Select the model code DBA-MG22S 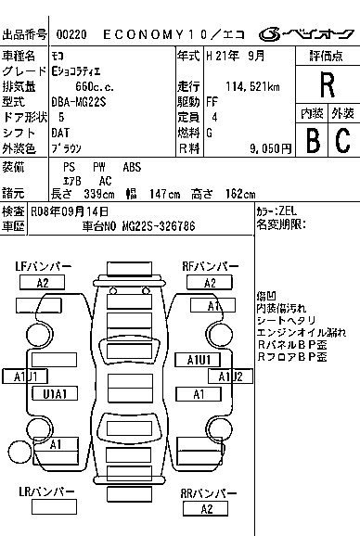[79, 102]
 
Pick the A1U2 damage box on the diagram [231, 376]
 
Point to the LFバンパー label [43, 266]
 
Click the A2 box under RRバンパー [206, 509]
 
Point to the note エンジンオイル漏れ [302, 331]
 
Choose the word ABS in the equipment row [133, 166]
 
